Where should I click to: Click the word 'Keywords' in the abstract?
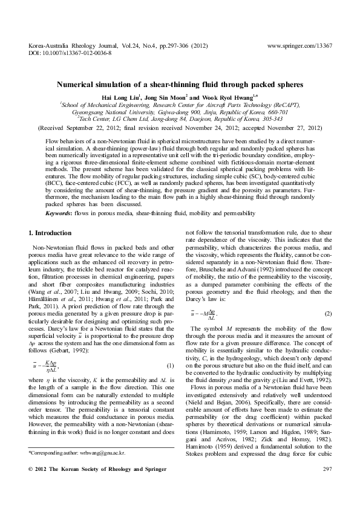pos(61,213)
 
